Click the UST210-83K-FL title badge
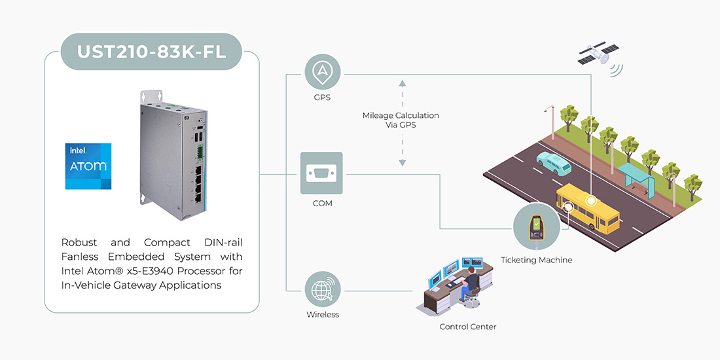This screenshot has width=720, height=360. [x=152, y=51]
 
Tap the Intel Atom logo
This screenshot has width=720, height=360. [x=88, y=166]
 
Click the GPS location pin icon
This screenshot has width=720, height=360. [x=323, y=72]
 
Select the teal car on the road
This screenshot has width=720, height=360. [x=554, y=163]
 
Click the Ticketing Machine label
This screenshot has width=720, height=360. [x=536, y=260]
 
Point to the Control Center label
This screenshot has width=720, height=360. [x=467, y=327]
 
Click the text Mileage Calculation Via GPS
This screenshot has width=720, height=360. [x=401, y=120]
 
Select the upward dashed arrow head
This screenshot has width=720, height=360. [x=402, y=83]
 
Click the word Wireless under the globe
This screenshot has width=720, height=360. [x=323, y=314]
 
